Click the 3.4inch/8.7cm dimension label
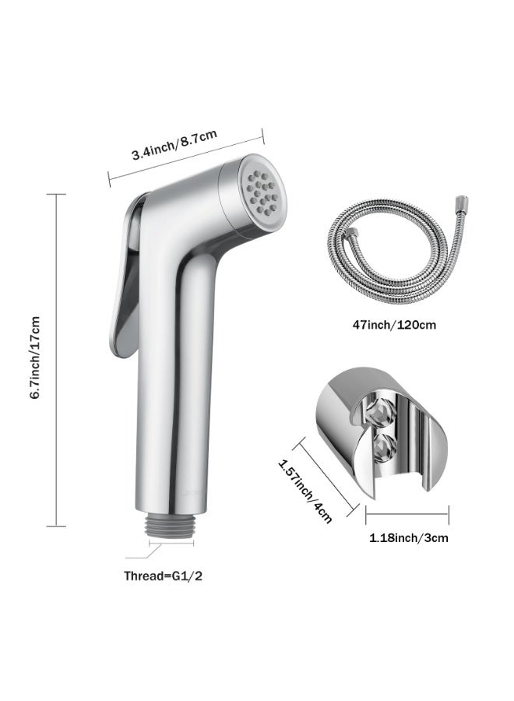click(174, 144)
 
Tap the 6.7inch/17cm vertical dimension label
click(35, 358)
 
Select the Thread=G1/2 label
click(163, 576)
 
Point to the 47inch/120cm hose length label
click(394, 325)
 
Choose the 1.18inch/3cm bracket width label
click(408, 537)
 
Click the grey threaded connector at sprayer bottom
click(171, 523)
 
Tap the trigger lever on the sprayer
click(126, 275)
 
